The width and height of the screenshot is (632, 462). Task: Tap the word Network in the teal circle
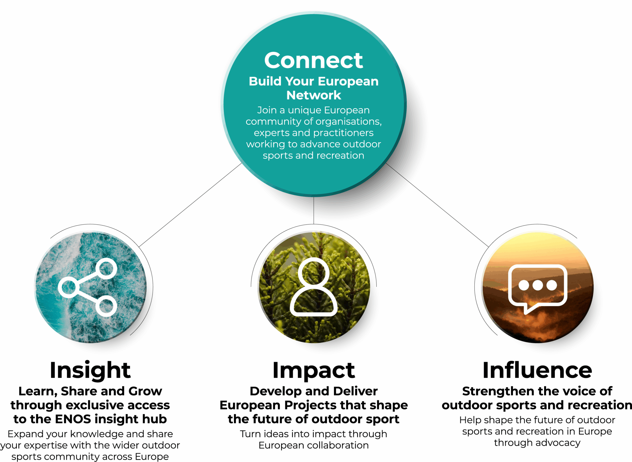click(314, 95)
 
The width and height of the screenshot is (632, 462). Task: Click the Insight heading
click(90, 371)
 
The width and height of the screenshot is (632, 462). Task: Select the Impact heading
click(314, 371)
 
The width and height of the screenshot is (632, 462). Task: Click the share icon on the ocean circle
click(87, 287)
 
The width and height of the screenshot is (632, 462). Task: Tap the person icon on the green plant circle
click(314, 287)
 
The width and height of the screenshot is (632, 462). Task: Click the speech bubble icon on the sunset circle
click(538, 289)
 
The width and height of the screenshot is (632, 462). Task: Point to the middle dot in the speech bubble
click(538, 285)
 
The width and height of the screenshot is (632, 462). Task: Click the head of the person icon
click(314, 272)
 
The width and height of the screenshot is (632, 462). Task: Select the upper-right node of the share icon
click(106, 268)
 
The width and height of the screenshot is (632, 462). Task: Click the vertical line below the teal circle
click(314, 210)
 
